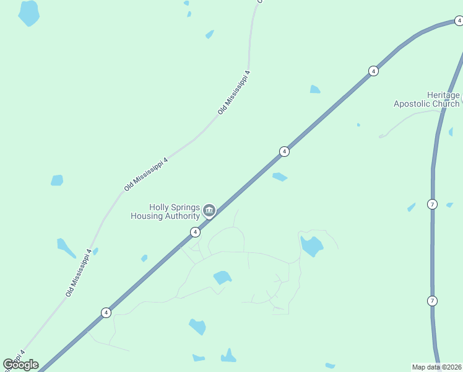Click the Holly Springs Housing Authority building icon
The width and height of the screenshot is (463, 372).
point(209,211)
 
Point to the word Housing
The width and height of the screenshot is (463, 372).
point(147,216)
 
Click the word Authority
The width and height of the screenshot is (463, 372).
point(183,216)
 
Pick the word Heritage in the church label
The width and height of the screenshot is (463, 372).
point(444,95)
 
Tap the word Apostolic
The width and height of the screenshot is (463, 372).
point(413,104)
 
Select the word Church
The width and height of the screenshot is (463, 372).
point(446,104)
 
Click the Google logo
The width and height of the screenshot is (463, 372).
point(20,365)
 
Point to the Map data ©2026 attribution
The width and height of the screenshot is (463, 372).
point(437,366)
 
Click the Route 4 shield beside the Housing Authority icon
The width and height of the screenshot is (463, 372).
point(195,232)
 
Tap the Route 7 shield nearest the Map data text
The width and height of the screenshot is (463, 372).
point(432,301)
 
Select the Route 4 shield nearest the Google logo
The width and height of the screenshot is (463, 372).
point(106,312)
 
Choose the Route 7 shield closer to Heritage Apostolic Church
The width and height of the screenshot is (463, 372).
point(432,204)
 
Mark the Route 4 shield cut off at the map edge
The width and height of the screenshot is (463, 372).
point(459,21)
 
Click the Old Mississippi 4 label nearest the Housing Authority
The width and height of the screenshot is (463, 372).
point(146,174)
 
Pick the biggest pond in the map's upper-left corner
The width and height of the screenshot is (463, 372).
point(29,12)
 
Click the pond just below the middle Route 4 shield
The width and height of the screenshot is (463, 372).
point(280,177)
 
